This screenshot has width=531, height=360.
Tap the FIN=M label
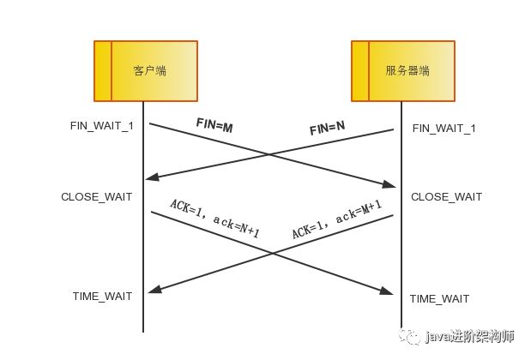click(x=214, y=127)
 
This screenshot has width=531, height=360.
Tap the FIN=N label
click(x=327, y=129)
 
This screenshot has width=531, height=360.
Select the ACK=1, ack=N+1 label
click(x=214, y=219)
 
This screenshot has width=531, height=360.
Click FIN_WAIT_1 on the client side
click(x=102, y=126)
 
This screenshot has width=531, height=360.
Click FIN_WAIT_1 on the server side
click(x=444, y=129)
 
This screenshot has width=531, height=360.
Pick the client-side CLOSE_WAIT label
click(x=97, y=197)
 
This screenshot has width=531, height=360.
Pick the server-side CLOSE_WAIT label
click(x=446, y=197)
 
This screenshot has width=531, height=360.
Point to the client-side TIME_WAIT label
click(x=103, y=297)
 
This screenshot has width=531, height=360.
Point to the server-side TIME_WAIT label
click(x=439, y=298)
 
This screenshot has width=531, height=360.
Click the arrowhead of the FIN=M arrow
click(x=390, y=184)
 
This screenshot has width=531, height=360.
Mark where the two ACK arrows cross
click(x=272, y=253)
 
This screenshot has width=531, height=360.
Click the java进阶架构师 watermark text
click(x=464, y=338)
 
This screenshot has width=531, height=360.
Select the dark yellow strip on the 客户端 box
click(x=103, y=70)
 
